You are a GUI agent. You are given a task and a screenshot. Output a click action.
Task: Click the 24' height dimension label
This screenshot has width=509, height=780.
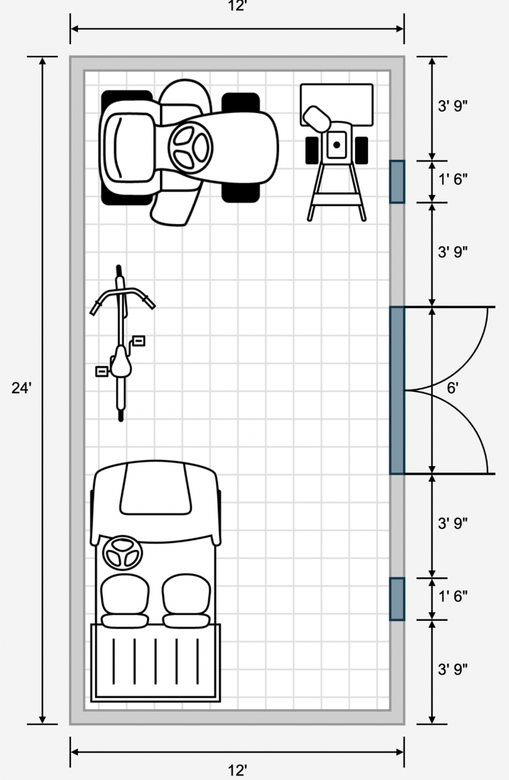pyautogui.click(x=21, y=388)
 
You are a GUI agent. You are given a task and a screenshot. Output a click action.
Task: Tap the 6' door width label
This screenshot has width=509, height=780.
pyautogui.click(x=452, y=388)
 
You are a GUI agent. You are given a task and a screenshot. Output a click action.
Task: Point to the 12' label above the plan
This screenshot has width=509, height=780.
pyautogui.click(x=238, y=6)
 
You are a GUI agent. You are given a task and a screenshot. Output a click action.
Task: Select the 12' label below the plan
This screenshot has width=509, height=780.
pyautogui.click(x=238, y=770)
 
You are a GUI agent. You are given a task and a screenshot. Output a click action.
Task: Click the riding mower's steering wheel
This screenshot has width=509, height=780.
pyautogui.click(x=190, y=147)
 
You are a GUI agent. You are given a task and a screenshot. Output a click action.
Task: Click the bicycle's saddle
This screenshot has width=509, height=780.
pyautogui.click(x=121, y=362)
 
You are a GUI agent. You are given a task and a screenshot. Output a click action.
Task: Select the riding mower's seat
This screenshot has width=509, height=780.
pyautogui.click(x=129, y=148)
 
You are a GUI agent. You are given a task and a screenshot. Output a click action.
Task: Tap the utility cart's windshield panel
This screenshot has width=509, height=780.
pyautogui.click(x=155, y=489)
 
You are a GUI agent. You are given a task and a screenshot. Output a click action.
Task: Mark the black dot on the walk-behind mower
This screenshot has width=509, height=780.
pyautogui.click(x=336, y=144)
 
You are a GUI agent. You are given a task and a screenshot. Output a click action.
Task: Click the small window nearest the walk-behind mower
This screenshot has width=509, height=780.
pyautogui.click(x=397, y=182)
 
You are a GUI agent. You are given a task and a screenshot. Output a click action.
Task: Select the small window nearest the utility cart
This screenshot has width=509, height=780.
pyautogui.click(x=397, y=599)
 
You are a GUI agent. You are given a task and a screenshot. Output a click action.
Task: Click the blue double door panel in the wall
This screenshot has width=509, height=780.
pyautogui.click(x=397, y=391)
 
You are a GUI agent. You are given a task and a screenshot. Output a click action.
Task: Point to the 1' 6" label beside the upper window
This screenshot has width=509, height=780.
pyautogui.click(x=452, y=179)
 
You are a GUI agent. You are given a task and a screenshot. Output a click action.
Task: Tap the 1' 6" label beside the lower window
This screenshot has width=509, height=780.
pyautogui.click(x=452, y=597)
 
